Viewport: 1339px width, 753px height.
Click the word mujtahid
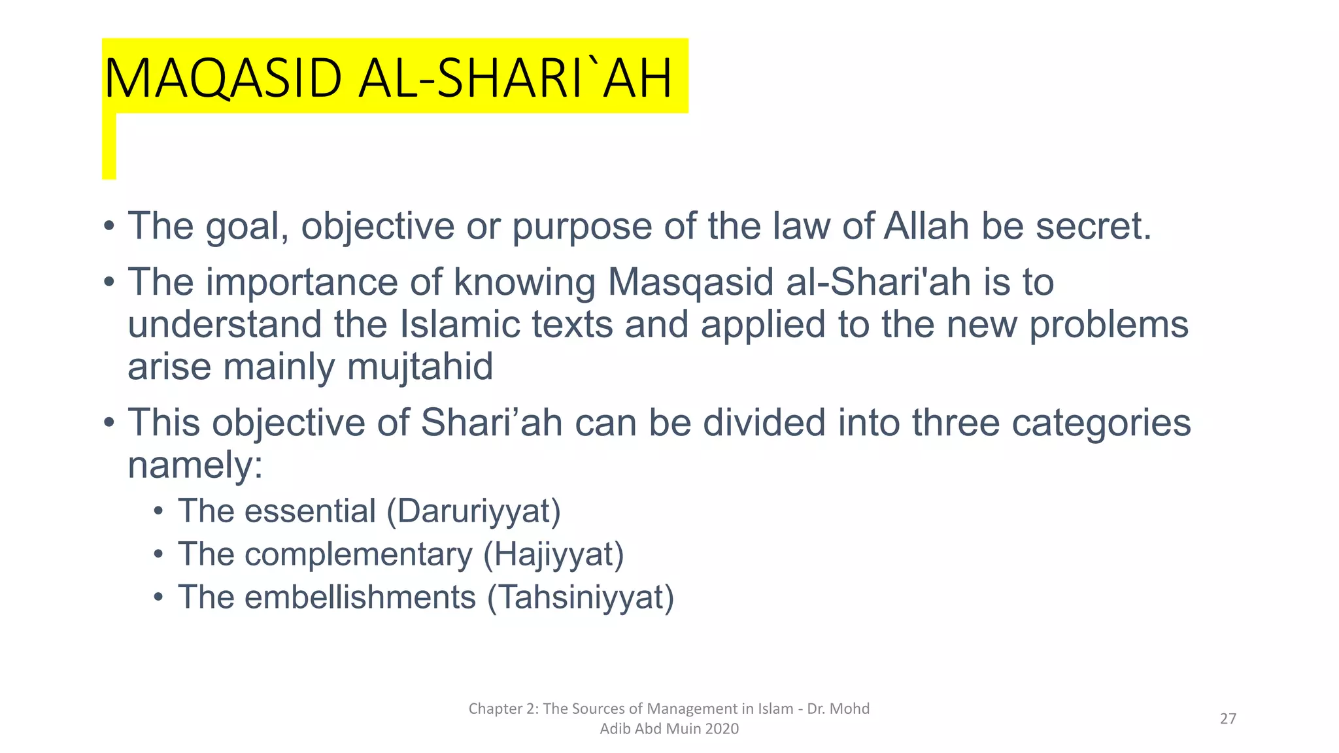click(x=420, y=367)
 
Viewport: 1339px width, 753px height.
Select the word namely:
click(x=195, y=465)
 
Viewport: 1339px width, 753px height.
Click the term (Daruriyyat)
click(x=473, y=511)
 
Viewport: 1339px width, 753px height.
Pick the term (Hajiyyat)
click(x=553, y=554)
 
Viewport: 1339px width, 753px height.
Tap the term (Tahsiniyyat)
click(x=580, y=597)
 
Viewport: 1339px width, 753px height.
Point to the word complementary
click(x=358, y=554)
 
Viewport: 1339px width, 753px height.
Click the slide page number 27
click(x=1228, y=719)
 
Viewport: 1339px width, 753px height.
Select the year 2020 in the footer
click(x=722, y=729)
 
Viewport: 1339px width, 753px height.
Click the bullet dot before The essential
click(x=158, y=511)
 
